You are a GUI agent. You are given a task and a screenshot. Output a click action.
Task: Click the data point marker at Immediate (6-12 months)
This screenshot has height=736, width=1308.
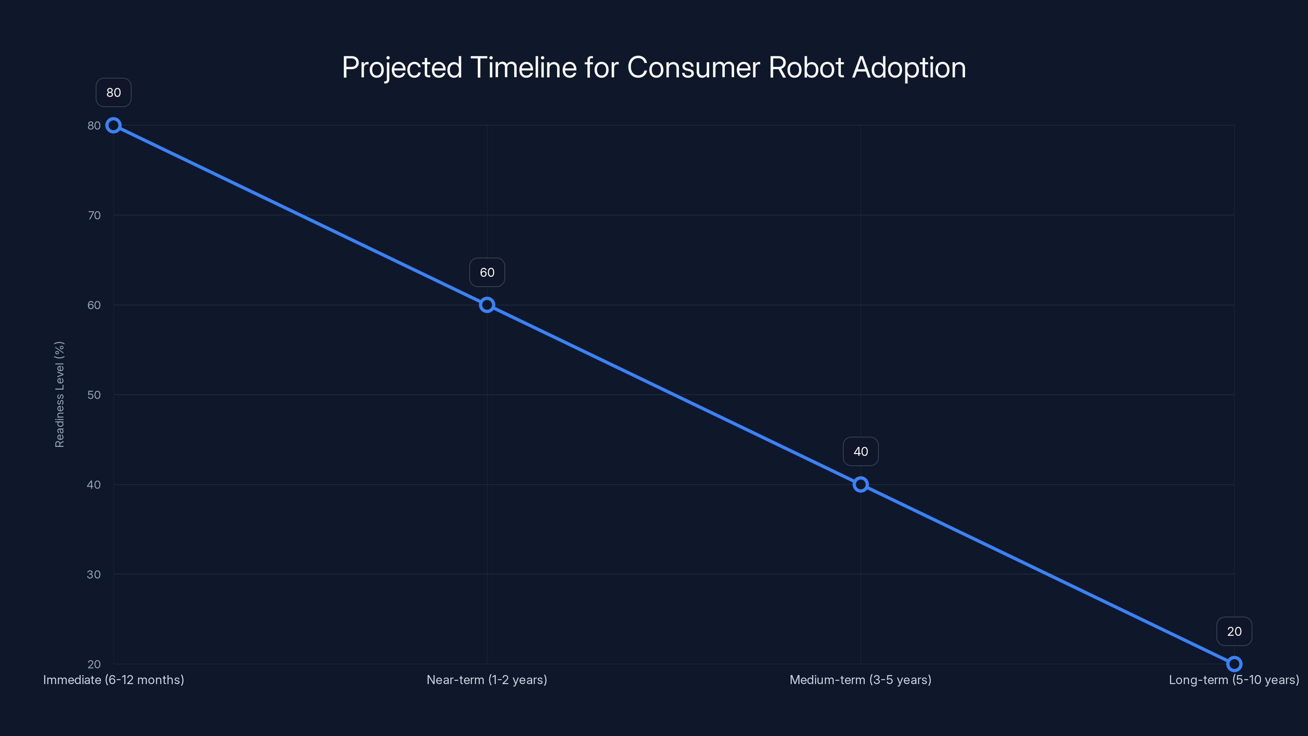click(113, 126)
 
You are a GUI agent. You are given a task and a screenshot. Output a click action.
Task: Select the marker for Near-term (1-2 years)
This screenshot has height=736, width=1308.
click(487, 305)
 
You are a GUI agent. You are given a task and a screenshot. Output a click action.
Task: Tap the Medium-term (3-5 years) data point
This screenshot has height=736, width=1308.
click(861, 485)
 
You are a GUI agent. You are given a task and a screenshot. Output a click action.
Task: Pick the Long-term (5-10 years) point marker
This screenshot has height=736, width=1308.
click(1234, 664)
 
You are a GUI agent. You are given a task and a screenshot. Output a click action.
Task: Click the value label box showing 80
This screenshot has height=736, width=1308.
click(114, 92)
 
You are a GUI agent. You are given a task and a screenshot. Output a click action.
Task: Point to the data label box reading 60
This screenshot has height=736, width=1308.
click(487, 272)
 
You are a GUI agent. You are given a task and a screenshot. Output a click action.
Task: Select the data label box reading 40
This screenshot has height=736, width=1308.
click(861, 451)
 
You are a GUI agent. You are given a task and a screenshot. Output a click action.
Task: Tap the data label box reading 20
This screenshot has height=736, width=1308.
click(1234, 631)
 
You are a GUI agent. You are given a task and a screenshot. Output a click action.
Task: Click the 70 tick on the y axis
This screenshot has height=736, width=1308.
click(94, 215)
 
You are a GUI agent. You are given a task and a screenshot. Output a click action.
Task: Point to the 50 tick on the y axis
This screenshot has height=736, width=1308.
click(94, 395)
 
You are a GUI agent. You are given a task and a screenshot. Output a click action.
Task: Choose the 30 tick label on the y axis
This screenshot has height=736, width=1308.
click(94, 574)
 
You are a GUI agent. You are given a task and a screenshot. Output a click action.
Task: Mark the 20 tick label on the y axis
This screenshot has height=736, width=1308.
click(94, 664)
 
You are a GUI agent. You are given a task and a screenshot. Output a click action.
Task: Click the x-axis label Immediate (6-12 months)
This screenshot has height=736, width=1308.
click(114, 680)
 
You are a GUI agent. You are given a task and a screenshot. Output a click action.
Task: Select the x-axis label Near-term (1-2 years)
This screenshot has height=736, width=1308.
click(487, 680)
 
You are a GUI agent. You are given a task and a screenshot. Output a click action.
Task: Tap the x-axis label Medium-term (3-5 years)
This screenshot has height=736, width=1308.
click(861, 680)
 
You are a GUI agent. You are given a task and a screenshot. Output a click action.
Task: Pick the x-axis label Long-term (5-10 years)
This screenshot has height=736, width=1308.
click(1234, 680)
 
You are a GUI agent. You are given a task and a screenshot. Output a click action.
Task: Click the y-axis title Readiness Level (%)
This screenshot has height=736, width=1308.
click(59, 395)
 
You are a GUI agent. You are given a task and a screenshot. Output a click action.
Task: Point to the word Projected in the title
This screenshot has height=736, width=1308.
click(402, 67)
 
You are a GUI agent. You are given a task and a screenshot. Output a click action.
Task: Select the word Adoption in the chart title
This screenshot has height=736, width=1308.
click(909, 67)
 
